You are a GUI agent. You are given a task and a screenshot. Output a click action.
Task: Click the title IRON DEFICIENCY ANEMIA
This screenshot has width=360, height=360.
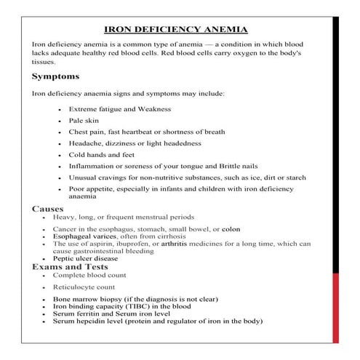point(177,30)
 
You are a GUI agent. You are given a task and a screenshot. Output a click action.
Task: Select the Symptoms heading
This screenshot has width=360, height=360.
point(56,76)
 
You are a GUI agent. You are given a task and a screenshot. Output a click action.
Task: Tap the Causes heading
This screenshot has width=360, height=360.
point(48,209)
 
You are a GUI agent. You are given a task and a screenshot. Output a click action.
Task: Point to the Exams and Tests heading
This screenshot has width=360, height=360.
point(69,267)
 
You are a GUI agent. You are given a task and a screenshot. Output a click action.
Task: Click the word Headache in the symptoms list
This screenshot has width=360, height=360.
point(86,143)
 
